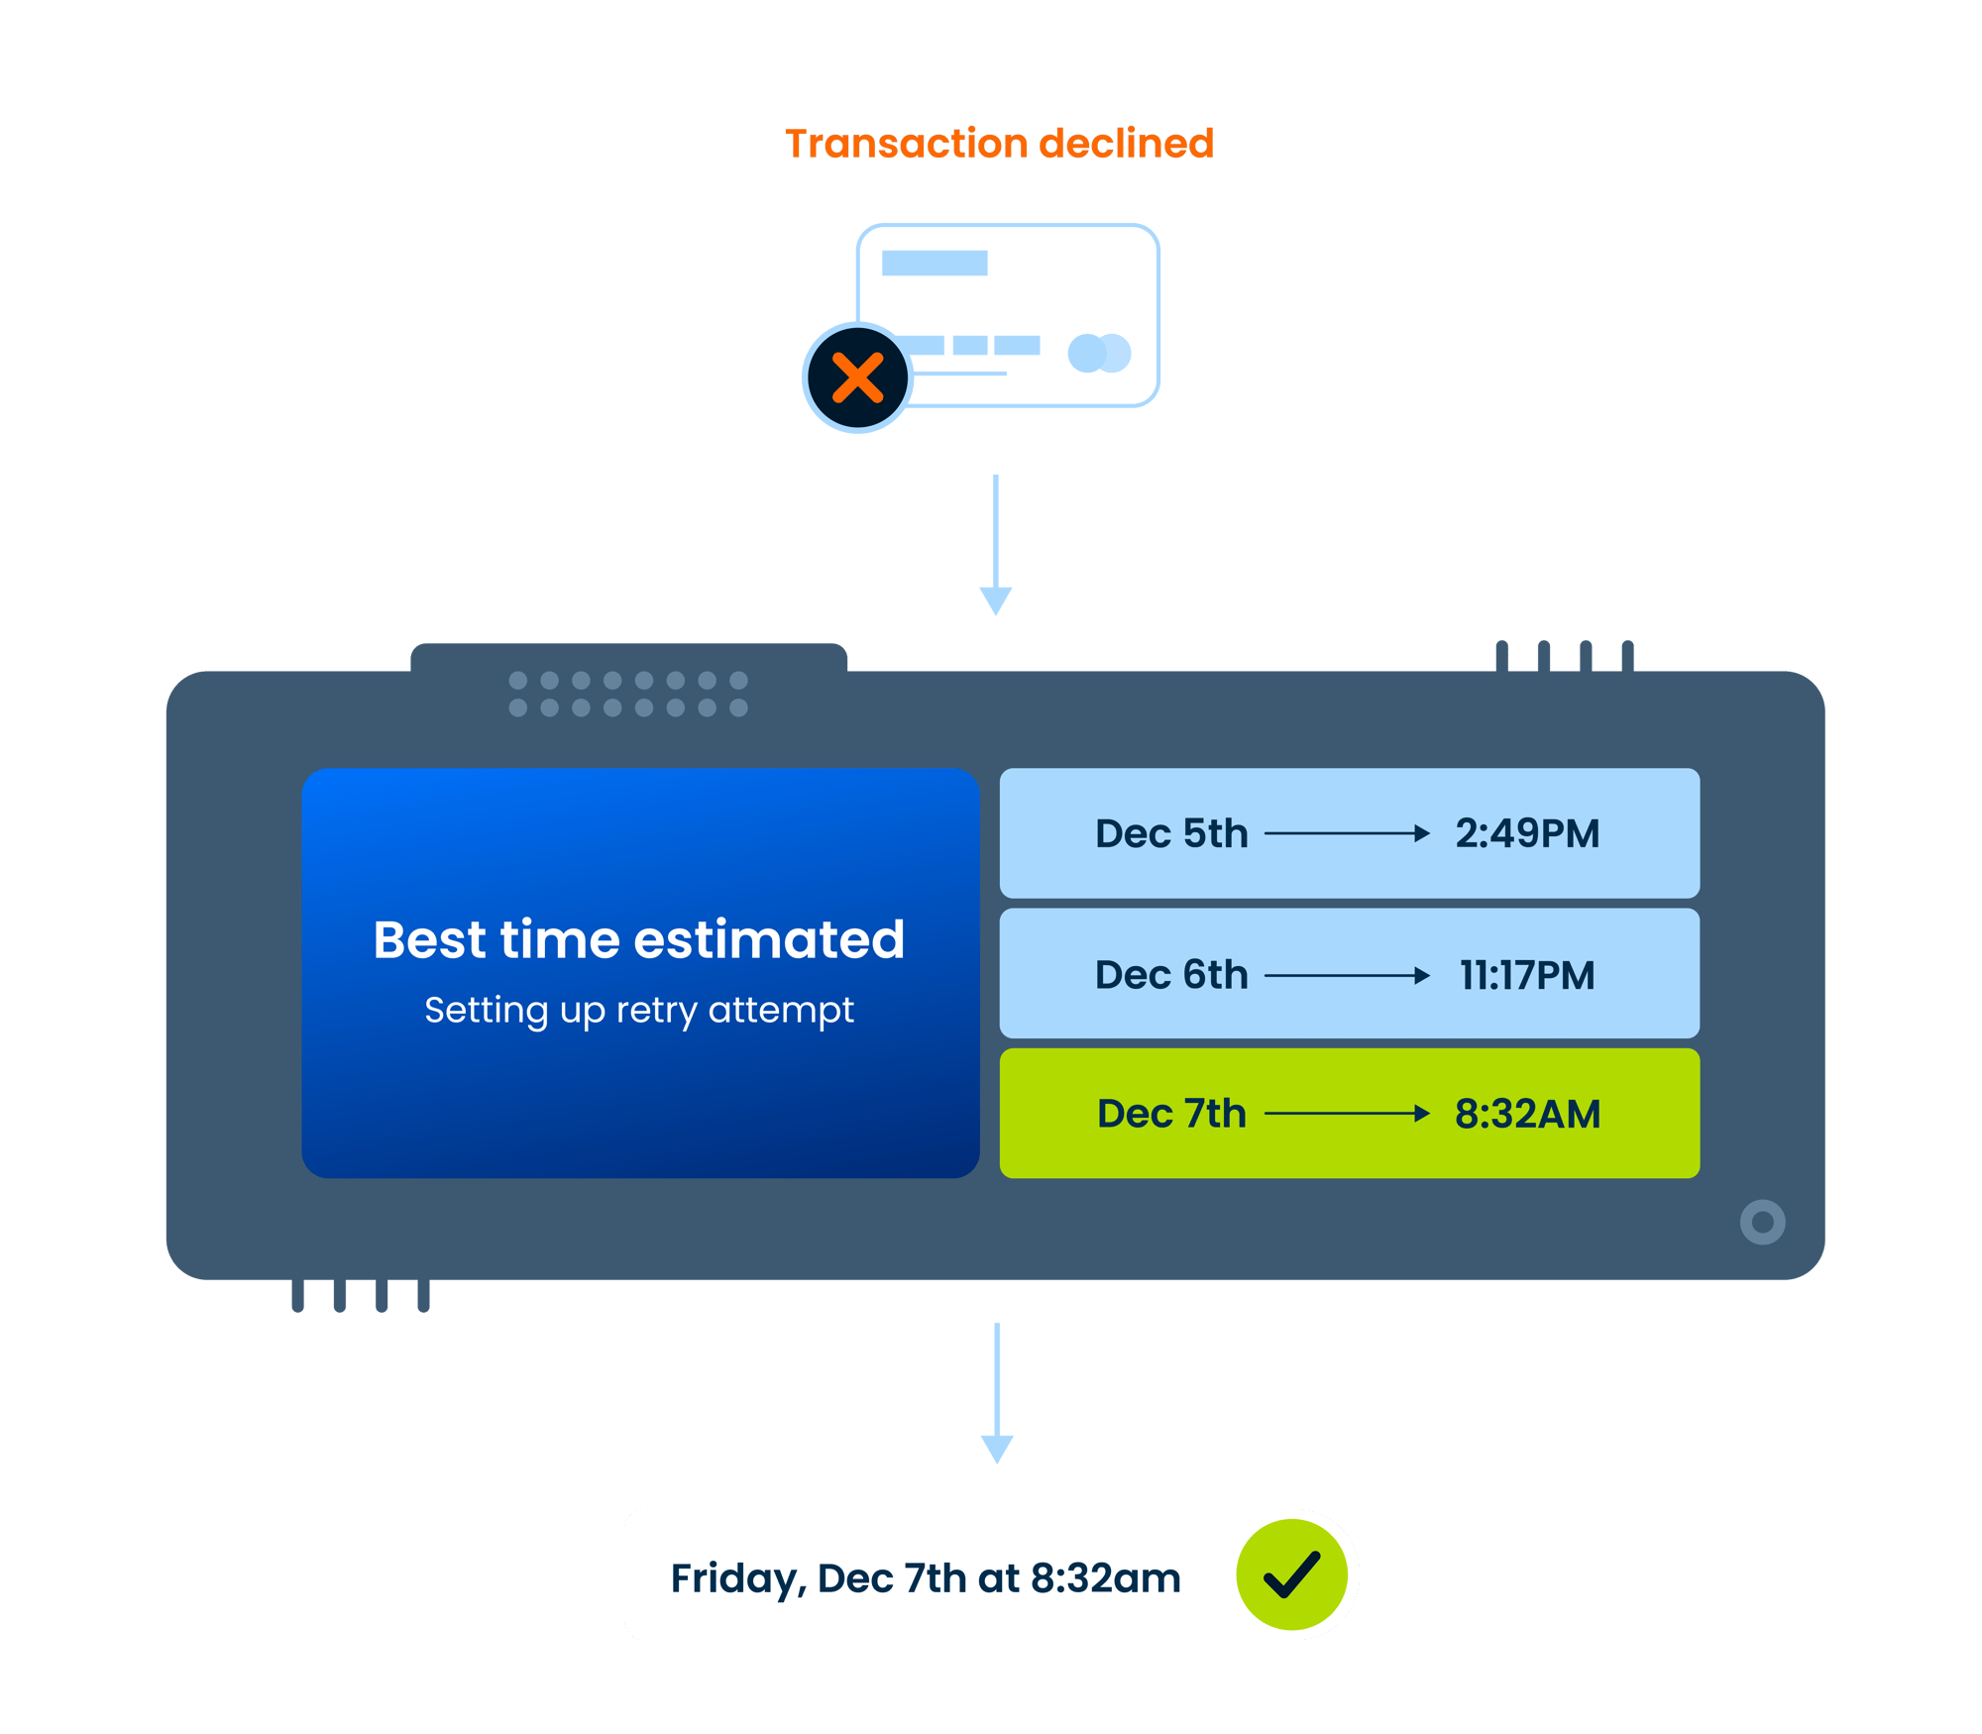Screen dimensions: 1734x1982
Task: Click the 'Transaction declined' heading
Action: (x=999, y=144)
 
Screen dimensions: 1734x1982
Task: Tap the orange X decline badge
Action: (x=857, y=378)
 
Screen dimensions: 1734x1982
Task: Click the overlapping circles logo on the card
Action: (x=1099, y=353)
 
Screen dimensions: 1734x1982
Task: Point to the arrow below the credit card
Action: (x=995, y=545)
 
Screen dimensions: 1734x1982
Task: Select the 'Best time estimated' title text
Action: (x=639, y=939)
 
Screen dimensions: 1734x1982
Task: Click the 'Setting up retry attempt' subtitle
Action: (x=639, y=1011)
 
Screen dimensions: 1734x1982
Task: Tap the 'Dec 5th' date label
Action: (x=1171, y=833)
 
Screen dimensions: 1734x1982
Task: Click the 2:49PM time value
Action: (x=1527, y=833)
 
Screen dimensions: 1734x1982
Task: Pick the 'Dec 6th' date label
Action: (x=1171, y=975)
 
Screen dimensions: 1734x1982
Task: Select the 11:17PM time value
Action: (x=1527, y=975)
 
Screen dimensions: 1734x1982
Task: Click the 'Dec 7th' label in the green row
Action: (x=1171, y=1114)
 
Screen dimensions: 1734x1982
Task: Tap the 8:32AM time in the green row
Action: (x=1527, y=1114)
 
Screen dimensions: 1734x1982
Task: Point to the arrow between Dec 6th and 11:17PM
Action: (x=1348, y=976)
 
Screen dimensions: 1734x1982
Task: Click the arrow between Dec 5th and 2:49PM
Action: (x=1348, y=833)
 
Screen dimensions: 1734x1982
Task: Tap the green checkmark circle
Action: (x=1291, y=1574)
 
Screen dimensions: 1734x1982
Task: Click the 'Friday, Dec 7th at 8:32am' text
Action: (x=926, y=1577)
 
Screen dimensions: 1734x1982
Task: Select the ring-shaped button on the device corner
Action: (x=1762, y=1222)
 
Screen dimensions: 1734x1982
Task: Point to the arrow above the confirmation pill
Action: (x=997, y=1392)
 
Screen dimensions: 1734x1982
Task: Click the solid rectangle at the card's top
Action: (x=935, y=263)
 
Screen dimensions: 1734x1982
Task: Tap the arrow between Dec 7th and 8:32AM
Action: (x=1348, y=1114)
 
